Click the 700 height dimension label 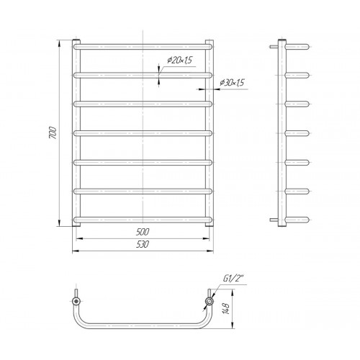[53, 132]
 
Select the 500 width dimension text [143, 232]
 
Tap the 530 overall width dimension [143, 244]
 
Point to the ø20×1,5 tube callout [180, 60]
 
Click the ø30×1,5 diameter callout [232, 83]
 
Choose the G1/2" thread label [233, 279]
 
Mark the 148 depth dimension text [226, 308]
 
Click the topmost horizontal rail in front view [143, 47]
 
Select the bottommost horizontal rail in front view [143, 220]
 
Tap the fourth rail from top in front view [143, 133]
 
